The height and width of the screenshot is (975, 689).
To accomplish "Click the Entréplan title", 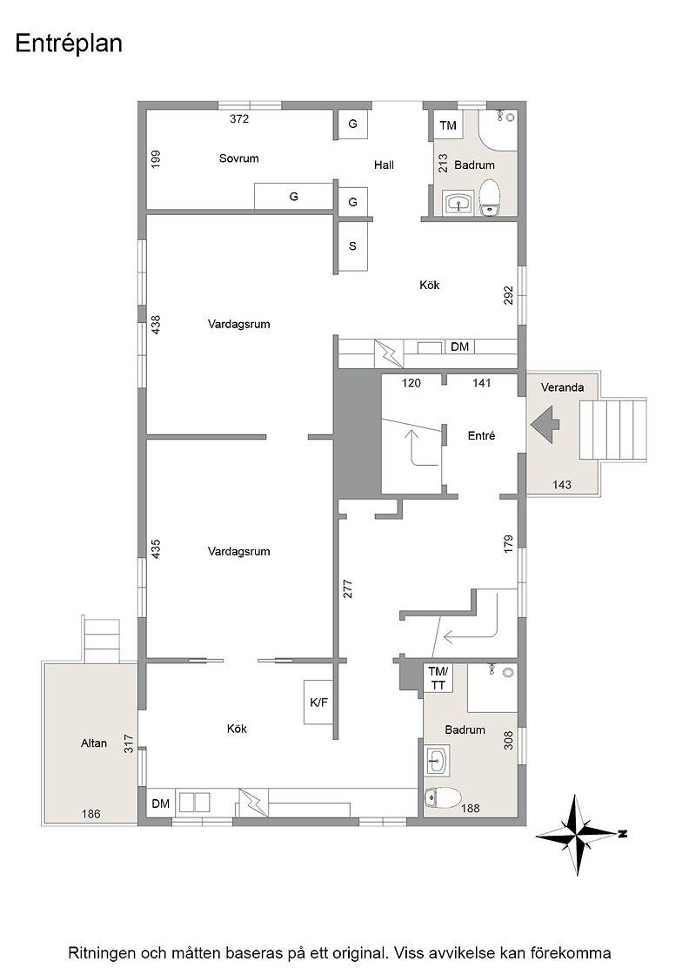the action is [x=69, y=44].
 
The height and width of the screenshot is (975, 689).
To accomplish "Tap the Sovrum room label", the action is [x=238, y=158].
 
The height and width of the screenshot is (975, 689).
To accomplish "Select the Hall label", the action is [x=384, y=165].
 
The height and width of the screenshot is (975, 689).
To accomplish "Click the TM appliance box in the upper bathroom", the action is [x=448, y=125].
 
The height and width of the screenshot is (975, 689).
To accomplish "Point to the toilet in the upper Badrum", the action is [x=490, y=197].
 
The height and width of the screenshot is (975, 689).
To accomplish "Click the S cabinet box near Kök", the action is [x=352, y=245].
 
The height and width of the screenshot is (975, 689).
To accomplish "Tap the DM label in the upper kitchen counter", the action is [x=459, y=346].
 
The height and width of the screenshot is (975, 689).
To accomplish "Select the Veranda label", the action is [x=562, y=387].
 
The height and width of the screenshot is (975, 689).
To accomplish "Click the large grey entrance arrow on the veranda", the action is [x=545, y=424].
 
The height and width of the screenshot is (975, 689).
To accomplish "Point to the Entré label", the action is [x=481, y=436].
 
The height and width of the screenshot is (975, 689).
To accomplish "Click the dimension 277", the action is [x=348, y=588].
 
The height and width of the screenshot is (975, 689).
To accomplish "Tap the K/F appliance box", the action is [x=318, y=703].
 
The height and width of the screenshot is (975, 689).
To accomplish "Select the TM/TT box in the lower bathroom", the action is [x=438, y=678].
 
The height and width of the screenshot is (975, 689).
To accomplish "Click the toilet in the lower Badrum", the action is [x=442, y=797].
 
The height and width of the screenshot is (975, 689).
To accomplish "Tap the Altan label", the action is [x=94, y=743].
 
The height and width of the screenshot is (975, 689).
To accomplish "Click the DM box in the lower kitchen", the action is [x=161, y=804].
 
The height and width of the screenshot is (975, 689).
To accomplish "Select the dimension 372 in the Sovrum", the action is [x=239, y=118].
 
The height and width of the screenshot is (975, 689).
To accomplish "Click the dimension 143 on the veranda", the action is [x=562, y=484].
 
